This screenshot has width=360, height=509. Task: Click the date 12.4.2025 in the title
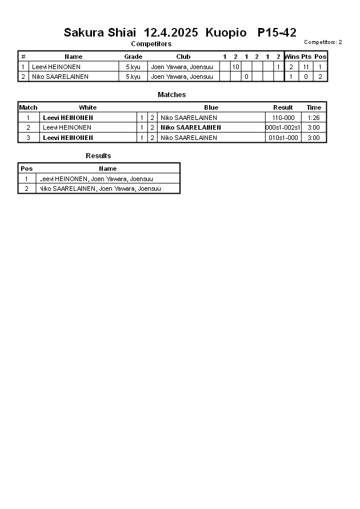pyautogui.click(x=171, y=33)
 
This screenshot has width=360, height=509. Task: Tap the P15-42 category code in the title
pyautogui.click(x=277, y=33)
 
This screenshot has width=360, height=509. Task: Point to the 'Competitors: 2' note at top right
pyautogui.click(x=323, y=42)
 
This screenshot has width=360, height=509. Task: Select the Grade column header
pyautogui.click(x=133, y=57)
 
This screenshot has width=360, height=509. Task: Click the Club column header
pyautogui.click(x=183, y=57)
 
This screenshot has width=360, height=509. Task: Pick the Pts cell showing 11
pyautogui.click(x=306, y=67)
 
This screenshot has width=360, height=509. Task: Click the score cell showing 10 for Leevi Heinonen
pyautogui.click(x=235, y=67)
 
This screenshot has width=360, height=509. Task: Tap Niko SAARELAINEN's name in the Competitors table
pyautogui.click(x=60, y=77)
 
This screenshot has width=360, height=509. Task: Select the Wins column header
pyautogui.click(x=291, y=57)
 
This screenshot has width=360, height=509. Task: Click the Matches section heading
pyautogui.click(x=171, y=94)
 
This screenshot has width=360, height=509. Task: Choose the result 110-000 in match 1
pyautogui.click(x=283, y=118)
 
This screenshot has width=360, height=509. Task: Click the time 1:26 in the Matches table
pyautogui.click(x=313, y=118)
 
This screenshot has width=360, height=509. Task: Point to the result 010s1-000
pyautogui.click(x=283, y=138)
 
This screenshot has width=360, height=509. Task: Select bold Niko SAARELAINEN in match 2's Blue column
pyautogui.click(x=190, y=127)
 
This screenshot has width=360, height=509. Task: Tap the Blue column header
pyautogui.click(x=211, y=107)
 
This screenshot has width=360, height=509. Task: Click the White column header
pyautogui.click(x=87, y=107)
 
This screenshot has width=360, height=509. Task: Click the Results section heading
pyautogui.click(x=98, y=155)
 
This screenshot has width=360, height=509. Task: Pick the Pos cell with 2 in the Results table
pyautogui.click(x=26, y=189)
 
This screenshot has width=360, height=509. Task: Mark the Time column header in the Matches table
pyautogui.click(x=314, y=107)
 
